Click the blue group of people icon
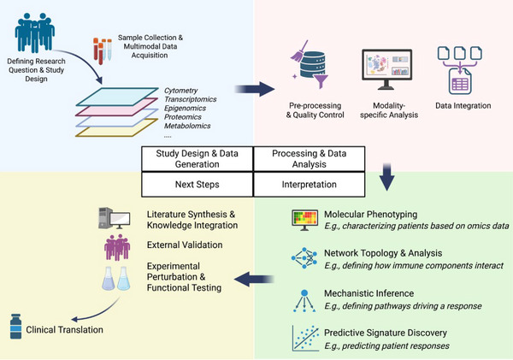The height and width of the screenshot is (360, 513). point(35,32)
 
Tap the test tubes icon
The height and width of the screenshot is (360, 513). point(103,50)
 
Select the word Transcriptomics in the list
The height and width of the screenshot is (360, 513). point(190,99)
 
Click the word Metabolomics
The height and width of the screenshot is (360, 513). point(187,126)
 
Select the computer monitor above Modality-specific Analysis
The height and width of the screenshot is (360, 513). point(387,69)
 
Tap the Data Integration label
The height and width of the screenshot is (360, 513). point(463,106)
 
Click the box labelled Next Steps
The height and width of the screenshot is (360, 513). point(198,185)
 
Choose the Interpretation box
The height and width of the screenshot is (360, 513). point(310,185)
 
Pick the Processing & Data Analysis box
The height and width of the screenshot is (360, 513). point(310,159)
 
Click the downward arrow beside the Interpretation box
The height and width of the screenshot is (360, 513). point(387,177)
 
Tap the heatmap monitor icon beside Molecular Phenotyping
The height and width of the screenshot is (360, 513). point(304,220)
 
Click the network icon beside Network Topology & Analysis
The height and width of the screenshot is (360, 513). point(304,258)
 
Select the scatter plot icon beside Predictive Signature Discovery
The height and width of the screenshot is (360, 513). point(305,338)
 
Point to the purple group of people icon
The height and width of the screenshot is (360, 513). point(117,247)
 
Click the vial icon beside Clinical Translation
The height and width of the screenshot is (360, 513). point(15,327)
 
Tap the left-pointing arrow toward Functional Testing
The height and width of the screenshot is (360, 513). point(254,279)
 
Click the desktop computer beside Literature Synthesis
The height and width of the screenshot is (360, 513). point(115,218)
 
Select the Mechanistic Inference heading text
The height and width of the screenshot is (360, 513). point(369,293)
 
